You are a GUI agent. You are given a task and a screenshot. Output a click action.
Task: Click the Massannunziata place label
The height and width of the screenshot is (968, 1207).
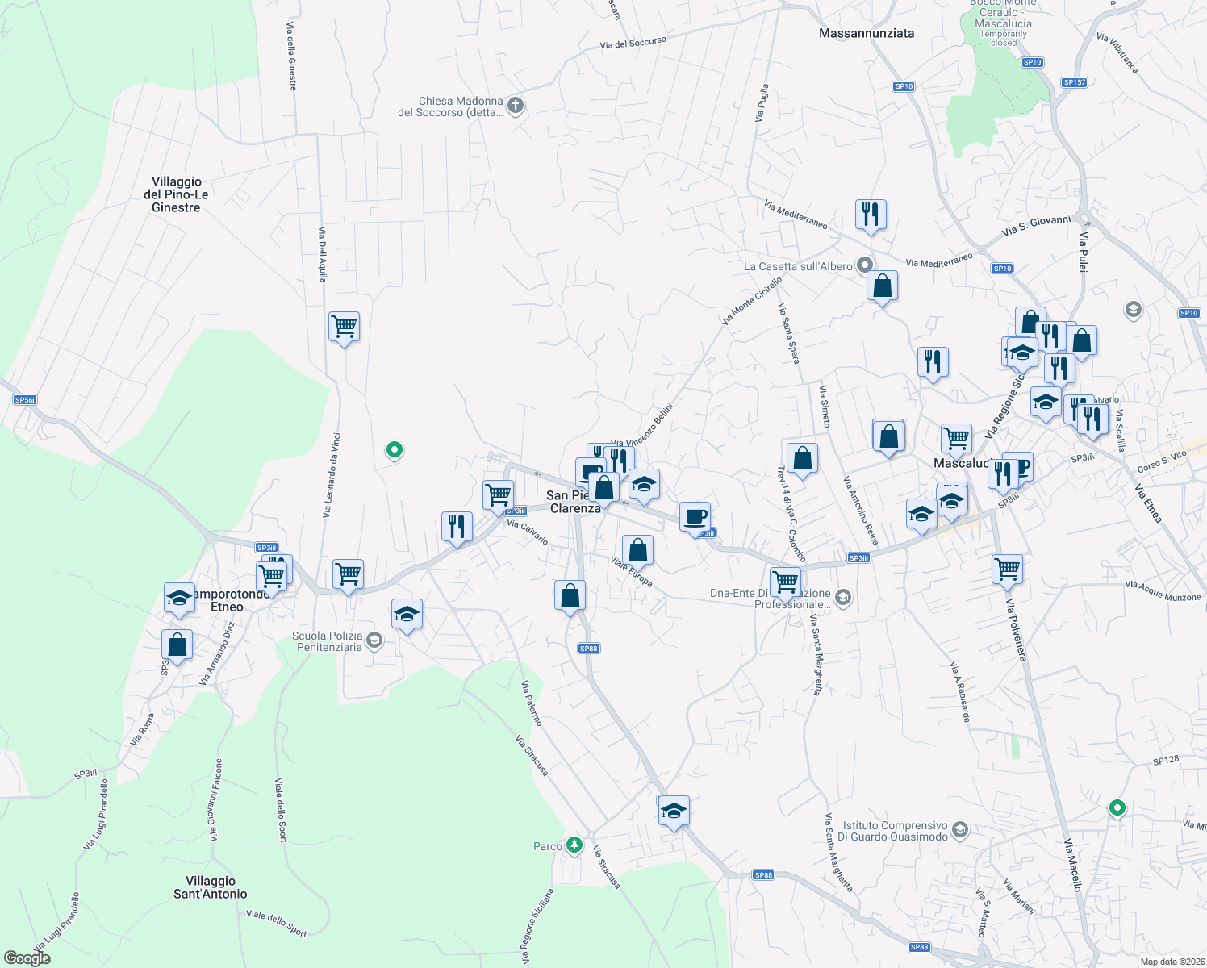click(867, 33)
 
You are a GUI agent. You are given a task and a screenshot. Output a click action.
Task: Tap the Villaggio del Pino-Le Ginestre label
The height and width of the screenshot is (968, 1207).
click(176, 194)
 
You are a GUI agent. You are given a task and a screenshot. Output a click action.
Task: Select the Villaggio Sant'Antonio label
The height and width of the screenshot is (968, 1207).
click(211, 887)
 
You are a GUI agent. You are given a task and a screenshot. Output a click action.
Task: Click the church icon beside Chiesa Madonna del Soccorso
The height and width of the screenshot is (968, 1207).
click(516, 105)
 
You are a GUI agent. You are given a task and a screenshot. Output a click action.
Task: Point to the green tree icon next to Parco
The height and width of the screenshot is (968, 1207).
click(574, 845)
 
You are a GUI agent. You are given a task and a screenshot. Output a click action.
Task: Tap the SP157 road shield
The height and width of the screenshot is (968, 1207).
click(1074, 82)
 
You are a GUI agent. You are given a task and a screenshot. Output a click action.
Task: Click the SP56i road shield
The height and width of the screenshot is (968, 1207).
click(25, 400)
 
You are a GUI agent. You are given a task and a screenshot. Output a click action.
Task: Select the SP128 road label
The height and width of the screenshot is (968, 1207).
click(1166, 761)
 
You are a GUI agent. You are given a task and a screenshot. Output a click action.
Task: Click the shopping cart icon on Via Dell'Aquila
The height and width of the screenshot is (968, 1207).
click(345, 327)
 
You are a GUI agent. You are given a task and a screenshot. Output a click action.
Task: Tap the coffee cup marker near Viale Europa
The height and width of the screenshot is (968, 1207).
click(695, 517)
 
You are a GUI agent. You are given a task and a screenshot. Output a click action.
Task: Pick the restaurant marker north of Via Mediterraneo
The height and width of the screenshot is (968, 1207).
click(871, 215)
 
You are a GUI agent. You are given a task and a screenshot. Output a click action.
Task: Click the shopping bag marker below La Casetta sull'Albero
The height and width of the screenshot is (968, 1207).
click(883, 286)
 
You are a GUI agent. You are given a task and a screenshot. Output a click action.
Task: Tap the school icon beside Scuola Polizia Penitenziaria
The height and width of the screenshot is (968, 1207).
click(374, 640)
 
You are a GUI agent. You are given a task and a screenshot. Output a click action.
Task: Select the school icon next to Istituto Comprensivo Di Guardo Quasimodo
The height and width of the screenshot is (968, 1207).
click(959, 829)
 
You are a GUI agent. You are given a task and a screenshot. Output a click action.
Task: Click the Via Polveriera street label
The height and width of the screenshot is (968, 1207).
click(1017, 629)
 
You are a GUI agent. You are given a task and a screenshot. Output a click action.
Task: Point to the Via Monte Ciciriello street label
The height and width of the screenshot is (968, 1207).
click(751, 301)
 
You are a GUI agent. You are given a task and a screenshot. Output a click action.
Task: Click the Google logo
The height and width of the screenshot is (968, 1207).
click(27, 958)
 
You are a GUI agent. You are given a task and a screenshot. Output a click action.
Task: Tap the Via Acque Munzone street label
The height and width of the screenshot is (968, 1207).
click(1163, 591)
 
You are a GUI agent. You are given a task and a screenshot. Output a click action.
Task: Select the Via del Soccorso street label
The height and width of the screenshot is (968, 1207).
click(633, 43)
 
